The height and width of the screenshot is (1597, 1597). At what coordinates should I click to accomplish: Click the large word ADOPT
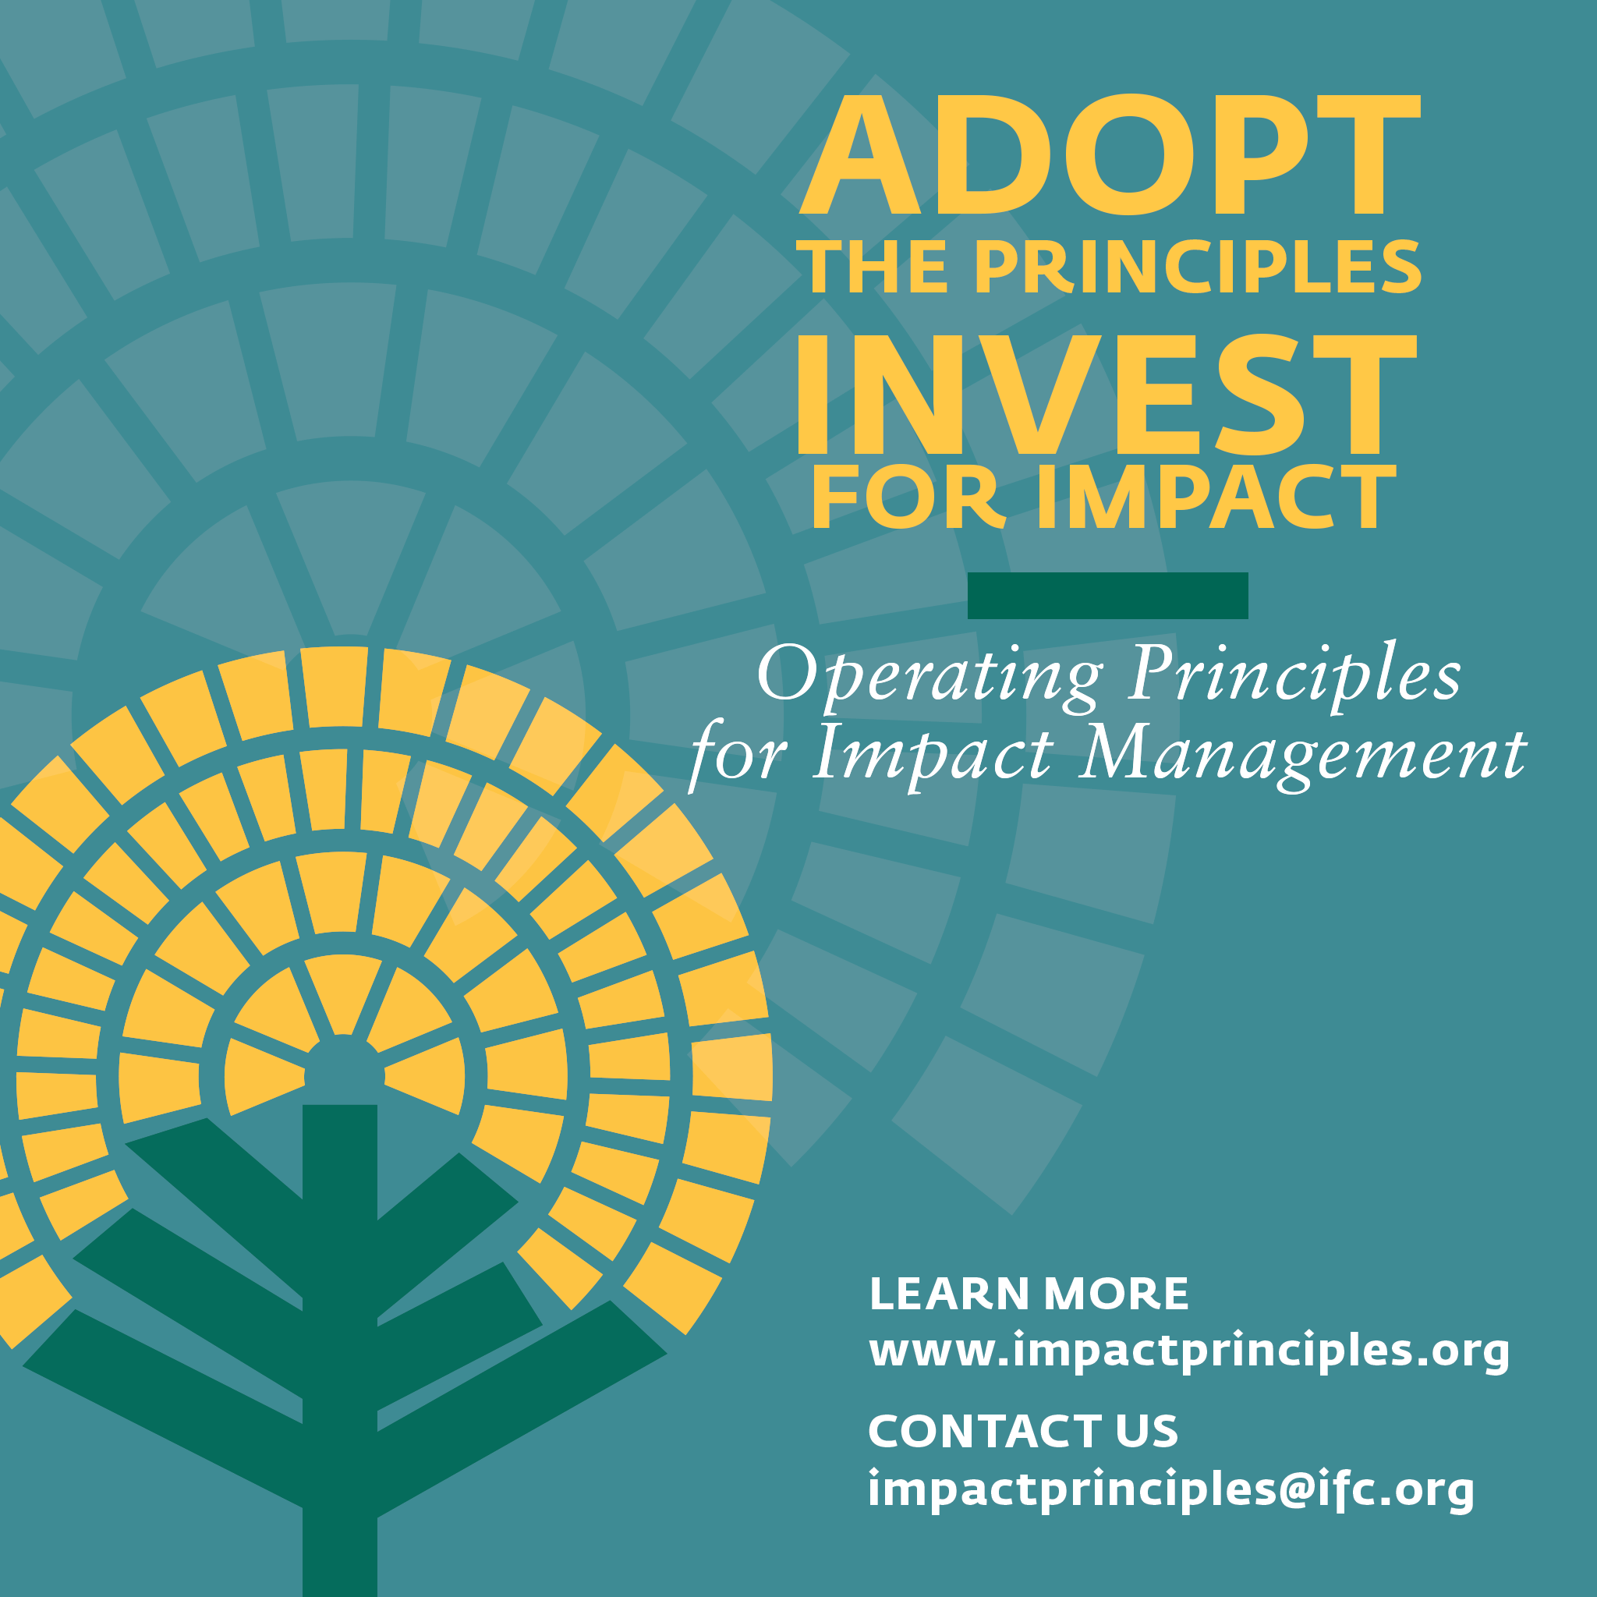coord(1107,155)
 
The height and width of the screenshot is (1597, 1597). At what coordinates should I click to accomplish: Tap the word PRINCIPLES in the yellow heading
coord(1198,267)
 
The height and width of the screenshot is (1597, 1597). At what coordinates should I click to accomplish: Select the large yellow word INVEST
coord(1106,395)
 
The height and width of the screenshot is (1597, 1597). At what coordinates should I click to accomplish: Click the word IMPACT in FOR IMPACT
coord(1214,498)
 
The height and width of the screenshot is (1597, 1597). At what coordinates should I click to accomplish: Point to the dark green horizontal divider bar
coord(1107,595)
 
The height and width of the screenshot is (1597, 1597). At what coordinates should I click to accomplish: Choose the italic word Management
coord(1302,754)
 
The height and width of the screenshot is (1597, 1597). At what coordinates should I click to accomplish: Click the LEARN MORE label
coord(1029,1294)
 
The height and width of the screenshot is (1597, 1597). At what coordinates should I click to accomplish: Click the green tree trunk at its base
coord(340,1554)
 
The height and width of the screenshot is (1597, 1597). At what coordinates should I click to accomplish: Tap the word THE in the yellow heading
coord(871,267)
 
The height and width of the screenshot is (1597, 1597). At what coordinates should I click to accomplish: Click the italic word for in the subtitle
coord(738,754)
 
